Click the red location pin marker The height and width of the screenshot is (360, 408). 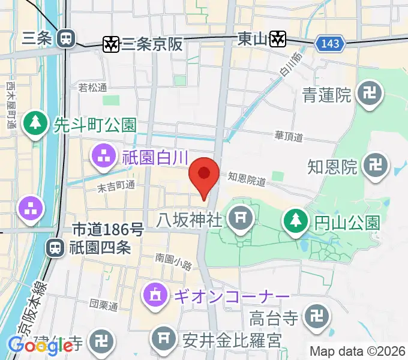204,174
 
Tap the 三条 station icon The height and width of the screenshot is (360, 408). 65,39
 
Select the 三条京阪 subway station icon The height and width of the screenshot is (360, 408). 111,43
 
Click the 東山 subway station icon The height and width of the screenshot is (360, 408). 277,39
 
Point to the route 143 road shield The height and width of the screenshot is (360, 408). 330,43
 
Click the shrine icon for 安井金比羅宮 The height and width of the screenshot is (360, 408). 164,339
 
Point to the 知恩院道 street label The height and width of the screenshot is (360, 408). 246,178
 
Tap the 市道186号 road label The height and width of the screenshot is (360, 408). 108,229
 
